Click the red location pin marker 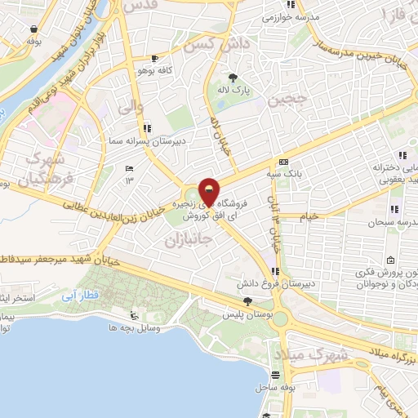[210, 192]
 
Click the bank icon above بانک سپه [282, 162]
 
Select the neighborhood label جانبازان [188, 240]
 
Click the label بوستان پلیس [247, 313]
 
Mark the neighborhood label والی [130, 105]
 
